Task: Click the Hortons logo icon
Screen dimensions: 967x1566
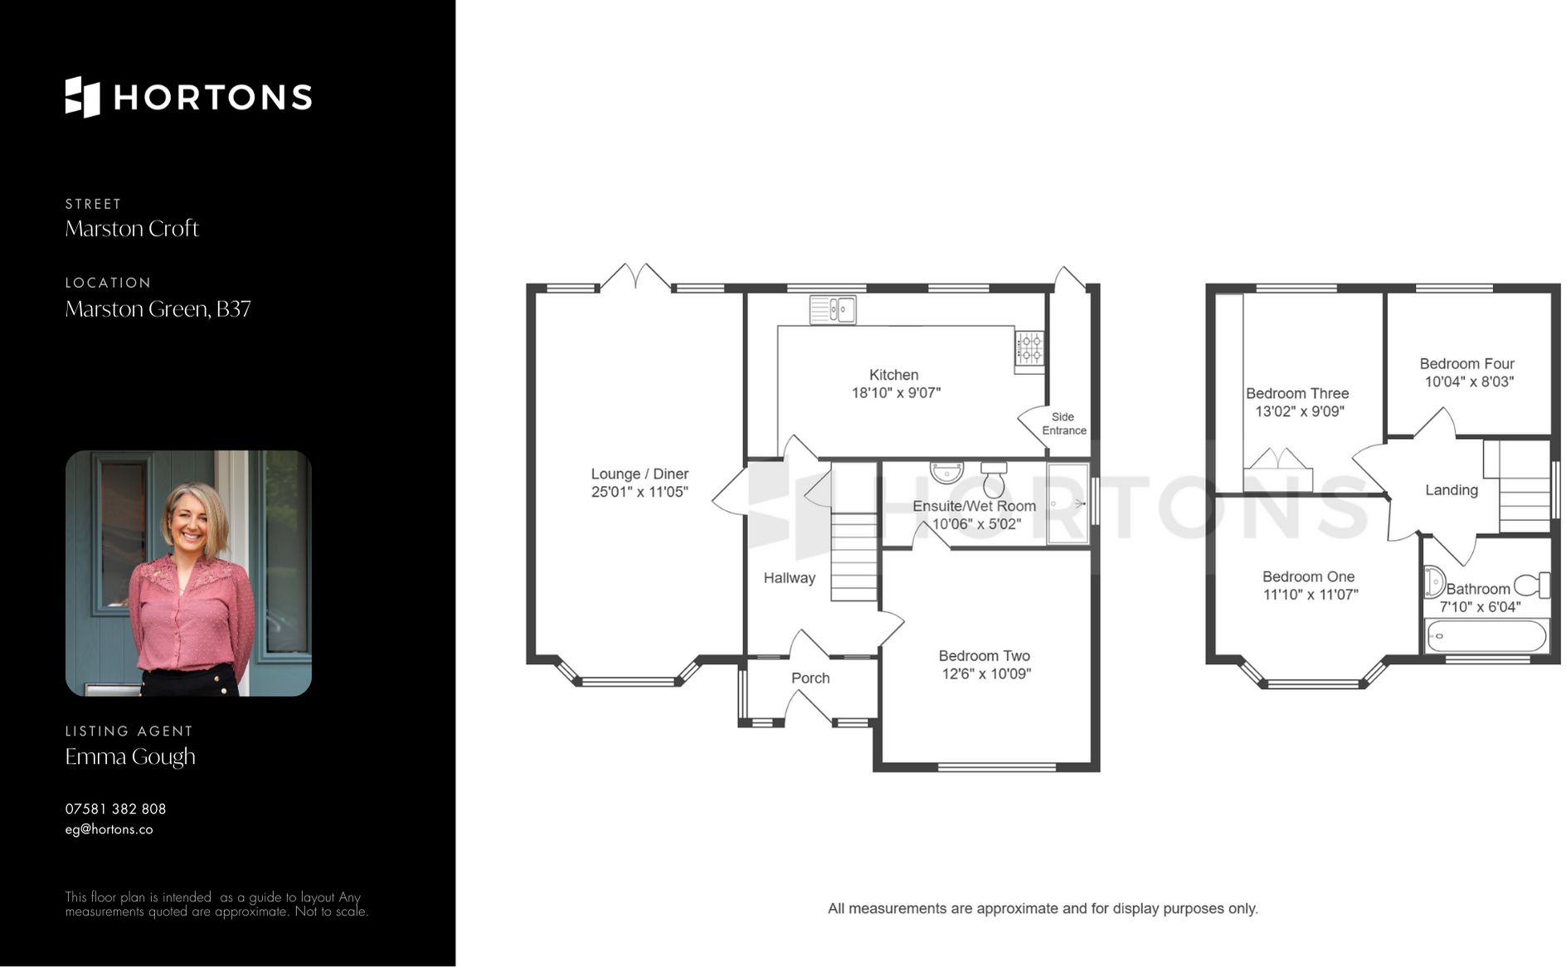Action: point(82,97)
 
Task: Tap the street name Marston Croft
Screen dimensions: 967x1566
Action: point(132,229)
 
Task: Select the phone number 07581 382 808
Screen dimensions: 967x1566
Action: point(115,809)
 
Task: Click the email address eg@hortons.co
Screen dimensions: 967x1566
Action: point(109,829)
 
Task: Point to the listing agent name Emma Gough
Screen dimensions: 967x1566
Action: point(130,756)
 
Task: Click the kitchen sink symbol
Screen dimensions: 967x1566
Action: point(833,310)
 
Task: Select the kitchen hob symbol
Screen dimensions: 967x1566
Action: point(1029,348)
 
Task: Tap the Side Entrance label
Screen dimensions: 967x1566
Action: point(1063,424)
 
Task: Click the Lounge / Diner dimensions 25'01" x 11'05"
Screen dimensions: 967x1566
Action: point(639,492)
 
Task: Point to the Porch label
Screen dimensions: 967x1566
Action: point(810,678)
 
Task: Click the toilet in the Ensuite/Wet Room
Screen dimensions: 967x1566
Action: point(994,480)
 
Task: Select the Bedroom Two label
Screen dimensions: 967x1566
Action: point(984,656)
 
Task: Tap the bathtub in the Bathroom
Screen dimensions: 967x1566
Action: point(1486,637)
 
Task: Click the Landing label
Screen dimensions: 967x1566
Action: point(1451,490)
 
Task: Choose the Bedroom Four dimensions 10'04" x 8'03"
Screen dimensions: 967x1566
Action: point(1468,381)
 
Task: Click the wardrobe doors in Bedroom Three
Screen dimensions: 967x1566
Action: point(1277,460)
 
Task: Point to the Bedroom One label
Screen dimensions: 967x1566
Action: point(1308,576)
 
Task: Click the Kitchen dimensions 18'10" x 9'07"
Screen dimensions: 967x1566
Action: point(895,393)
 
